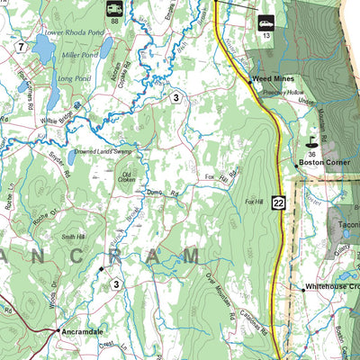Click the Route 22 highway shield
tap(279, 204)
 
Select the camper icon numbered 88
tap(114, 10)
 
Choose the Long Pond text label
tap(71, 78)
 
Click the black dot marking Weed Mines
tap(249, 81)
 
